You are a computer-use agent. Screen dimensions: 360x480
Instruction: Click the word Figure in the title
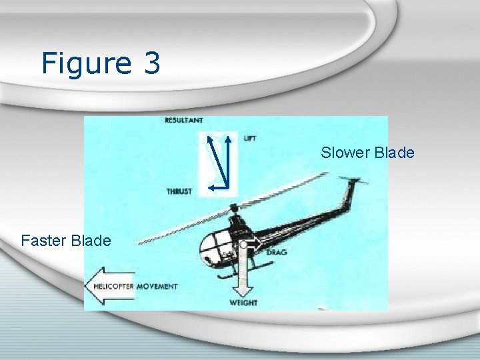[86, 64]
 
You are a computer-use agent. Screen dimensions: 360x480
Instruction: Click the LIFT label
[250, 138]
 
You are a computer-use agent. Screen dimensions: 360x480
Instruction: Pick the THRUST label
[179, 191]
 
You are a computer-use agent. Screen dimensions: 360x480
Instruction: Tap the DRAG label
[277, 253]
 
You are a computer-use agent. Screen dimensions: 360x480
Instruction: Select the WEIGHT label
[243, 303]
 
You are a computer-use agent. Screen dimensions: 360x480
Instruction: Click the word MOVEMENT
[157, 287]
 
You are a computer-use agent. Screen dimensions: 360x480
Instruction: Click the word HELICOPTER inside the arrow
[113, 287]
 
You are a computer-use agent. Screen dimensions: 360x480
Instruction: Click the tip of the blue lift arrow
[228, 137]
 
